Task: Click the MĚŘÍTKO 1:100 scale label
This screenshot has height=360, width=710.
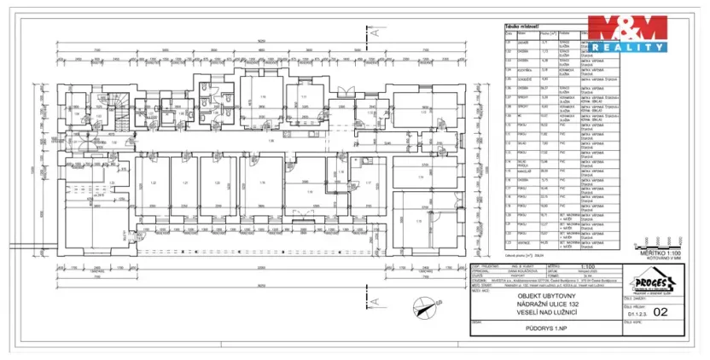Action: point(662,253)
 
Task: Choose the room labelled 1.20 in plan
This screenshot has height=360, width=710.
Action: point(217,183)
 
